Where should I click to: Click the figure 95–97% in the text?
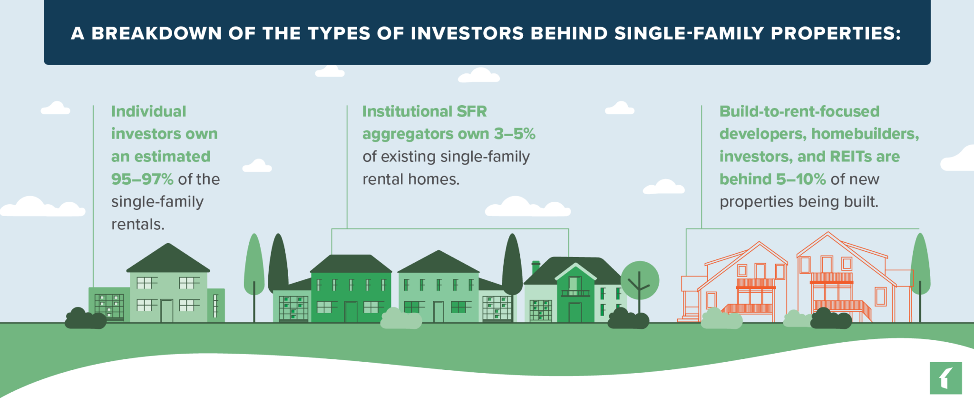coord(142,179)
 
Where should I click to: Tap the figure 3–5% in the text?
coord(515,134)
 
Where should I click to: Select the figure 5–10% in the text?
coord(801,179)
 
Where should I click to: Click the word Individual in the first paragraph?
coord(148,111)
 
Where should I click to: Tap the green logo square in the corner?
coord(945,378)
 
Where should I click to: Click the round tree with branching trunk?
coord(640,281)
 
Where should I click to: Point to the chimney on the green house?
coord(536,267)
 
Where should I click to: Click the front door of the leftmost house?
coord(166,310)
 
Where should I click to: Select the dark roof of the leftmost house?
coord(168,259)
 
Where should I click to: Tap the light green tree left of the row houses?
coord(254,267)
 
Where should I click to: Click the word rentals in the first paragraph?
coord(137,225)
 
